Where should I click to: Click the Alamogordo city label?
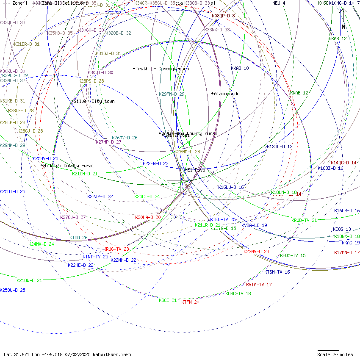(x=227, y=94)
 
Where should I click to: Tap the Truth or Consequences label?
(x=162, y=69)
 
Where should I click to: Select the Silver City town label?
(x=94, y=101)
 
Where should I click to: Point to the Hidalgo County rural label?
(x=68, y=166)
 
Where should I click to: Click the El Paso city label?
(x=196, y=170)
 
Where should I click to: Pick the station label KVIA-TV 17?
(x=259, y=285)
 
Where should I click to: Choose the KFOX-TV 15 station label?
(x=293, y=255)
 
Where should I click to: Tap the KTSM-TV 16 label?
(x=277, y=272)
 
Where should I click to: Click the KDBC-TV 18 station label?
(x=238, y=294)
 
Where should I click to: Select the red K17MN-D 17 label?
(x=347, y=252)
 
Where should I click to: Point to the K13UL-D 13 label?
(x=280, y=147)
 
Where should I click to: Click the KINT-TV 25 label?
(x=95, y=257)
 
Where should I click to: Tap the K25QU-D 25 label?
(x=13, y=290)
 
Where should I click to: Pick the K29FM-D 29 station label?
(x=172, y=94)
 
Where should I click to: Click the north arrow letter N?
(x=343, y=27)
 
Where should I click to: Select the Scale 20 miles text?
(x=335, y=354)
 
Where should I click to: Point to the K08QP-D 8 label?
(x=223, y=16)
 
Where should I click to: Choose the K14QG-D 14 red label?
(x=343, y=163)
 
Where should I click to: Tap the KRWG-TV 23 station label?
(x=116, y=249)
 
